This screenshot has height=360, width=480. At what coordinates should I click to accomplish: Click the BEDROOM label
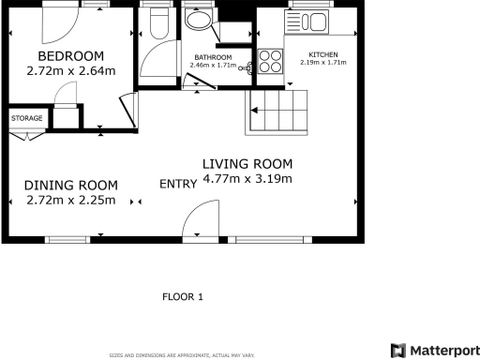pos(70,55)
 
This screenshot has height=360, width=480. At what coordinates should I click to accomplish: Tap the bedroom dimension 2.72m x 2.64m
pos(70,70)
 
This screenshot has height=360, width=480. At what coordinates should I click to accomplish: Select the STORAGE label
pos(25,118)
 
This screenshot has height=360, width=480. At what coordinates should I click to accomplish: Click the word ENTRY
pos(176,183)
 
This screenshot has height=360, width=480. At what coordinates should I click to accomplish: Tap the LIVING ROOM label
pos(247,163)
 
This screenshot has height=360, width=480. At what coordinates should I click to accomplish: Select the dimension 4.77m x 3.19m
pos(247,178)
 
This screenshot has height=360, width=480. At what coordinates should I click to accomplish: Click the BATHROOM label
pos(212,58)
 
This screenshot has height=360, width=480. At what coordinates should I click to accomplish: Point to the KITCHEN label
pos(322,55)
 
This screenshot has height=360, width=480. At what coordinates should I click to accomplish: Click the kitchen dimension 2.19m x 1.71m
pos(322,64)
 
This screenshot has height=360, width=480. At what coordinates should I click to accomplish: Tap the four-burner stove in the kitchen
pos(270,61)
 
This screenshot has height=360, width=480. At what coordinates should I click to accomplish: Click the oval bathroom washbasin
pos(198,20)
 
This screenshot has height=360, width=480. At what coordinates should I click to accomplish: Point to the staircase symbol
pos(275,112)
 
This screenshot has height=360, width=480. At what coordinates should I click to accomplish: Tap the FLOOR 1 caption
pos(183,297)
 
